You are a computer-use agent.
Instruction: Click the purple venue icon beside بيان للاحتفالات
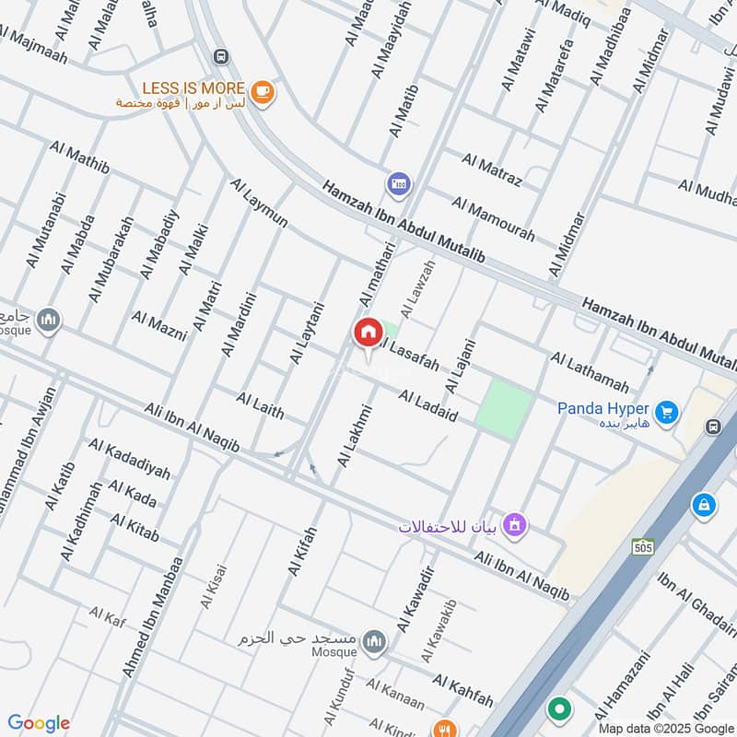pyautogui.click(x=515, y=525)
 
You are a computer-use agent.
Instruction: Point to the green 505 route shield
pyautogui.click(x=643, y=547)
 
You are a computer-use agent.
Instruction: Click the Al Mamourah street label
pyautogui.click(x=493, y=218)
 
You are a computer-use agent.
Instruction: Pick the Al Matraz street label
pyautogui.click(x=492, y=170)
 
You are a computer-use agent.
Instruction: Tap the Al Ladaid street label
pyautogui.click(x=428, y=406)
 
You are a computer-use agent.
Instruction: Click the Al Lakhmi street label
pyautogui.click(x=356, y=436)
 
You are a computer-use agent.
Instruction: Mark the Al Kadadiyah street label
pyautogui.click(x=130, y=458)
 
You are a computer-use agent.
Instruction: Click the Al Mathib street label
pyautogui.click(x=80, y=158)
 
